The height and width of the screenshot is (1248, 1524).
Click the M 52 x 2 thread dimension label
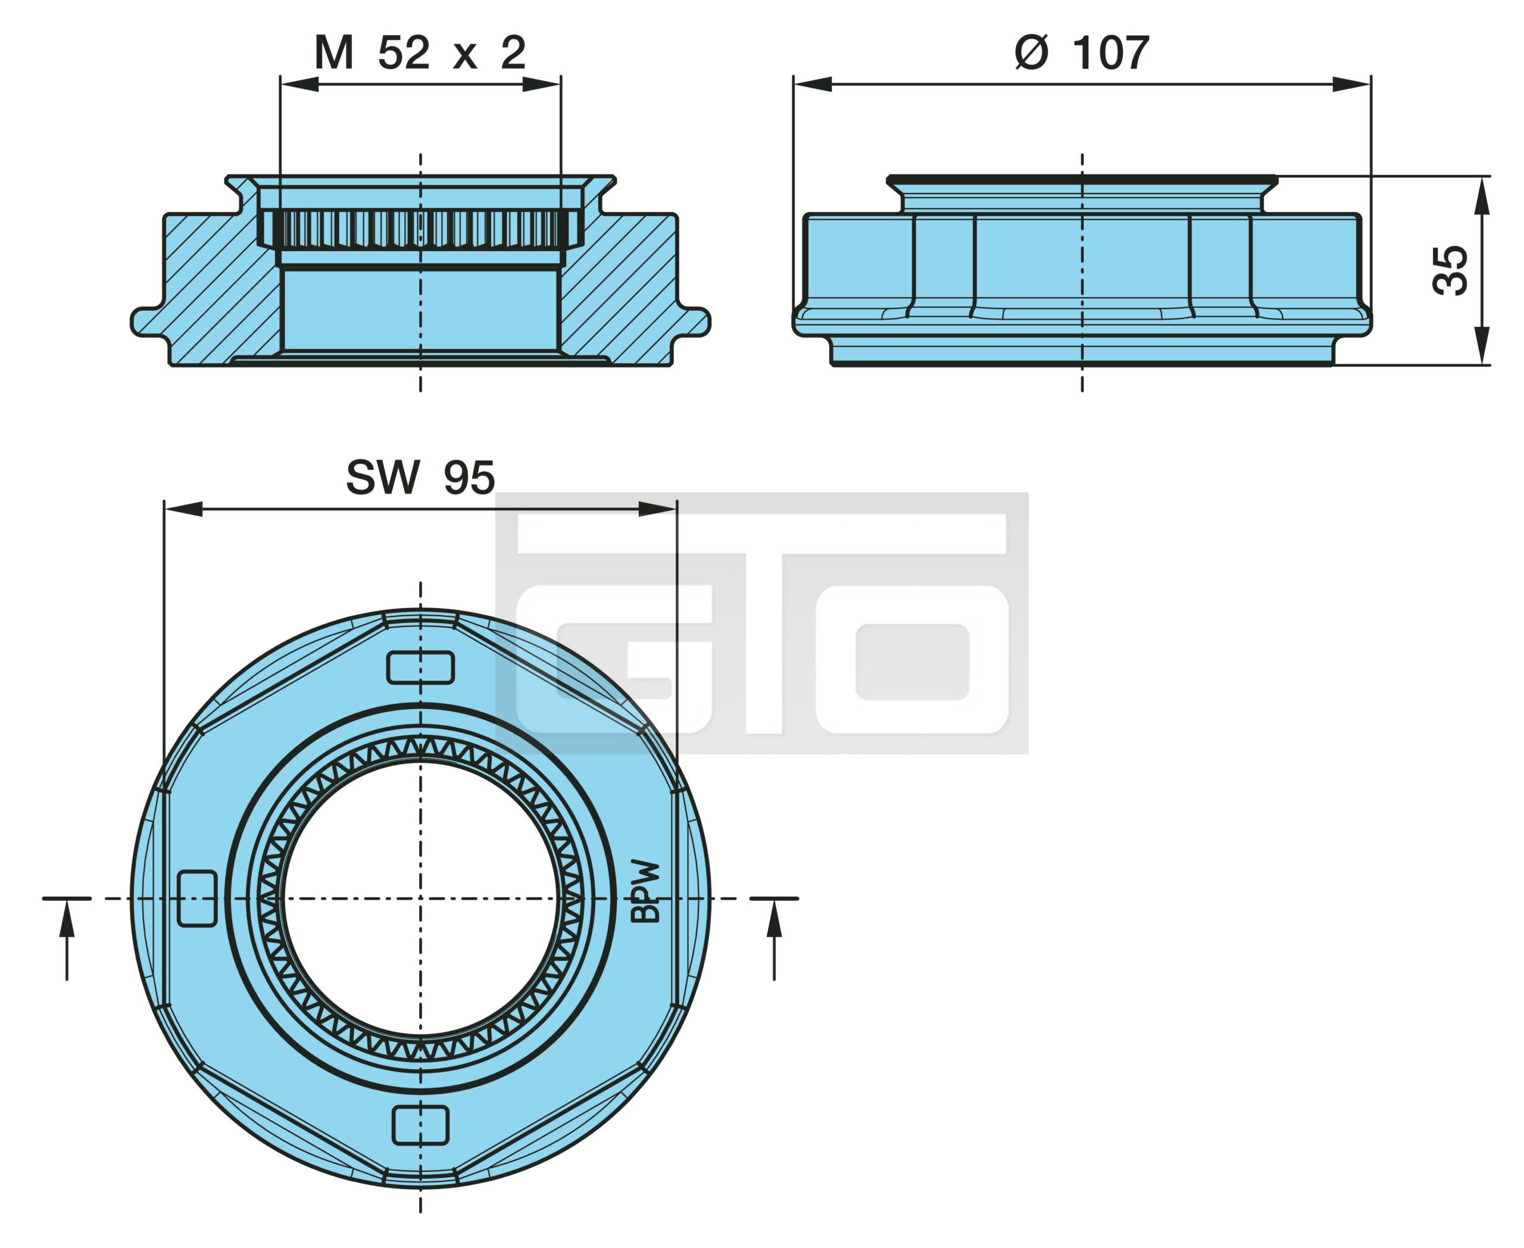click(420, 52)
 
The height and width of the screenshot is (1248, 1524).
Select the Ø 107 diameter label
click(1082, 52)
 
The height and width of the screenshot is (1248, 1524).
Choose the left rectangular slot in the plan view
click(197, 898)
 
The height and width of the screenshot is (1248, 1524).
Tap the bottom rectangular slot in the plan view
click(420, 1125)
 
